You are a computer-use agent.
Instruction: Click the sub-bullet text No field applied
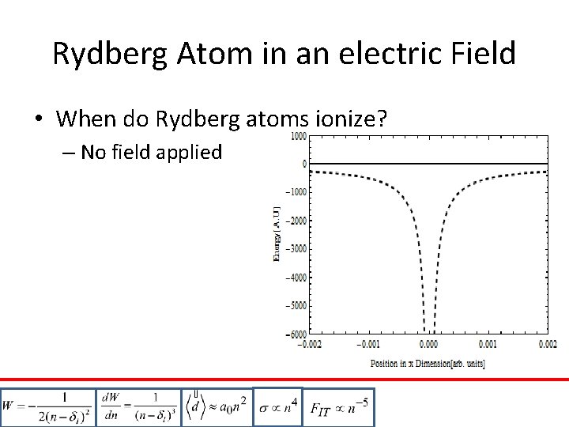pos(151,152)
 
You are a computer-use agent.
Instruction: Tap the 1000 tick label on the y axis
pos(297,136)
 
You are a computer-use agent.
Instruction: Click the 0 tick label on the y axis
pos(303,164)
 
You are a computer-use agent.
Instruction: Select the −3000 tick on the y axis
pos(296,249)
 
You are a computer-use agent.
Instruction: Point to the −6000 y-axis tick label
pos(296,334)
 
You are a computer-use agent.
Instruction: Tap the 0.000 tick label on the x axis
pos(429,345)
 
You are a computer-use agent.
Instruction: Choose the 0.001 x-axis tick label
pos(488,345)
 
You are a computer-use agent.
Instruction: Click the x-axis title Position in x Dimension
pos(428,363)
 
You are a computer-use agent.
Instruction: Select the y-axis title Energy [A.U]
pos(277,234)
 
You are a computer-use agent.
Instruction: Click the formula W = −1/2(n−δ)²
pos(47,407)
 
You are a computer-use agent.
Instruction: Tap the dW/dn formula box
pos(138,407)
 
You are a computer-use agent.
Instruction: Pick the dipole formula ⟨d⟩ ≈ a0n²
pos(216,407)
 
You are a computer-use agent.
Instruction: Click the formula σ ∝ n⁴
pos(277,407)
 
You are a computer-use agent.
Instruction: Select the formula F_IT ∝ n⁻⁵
pos(339,407)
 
